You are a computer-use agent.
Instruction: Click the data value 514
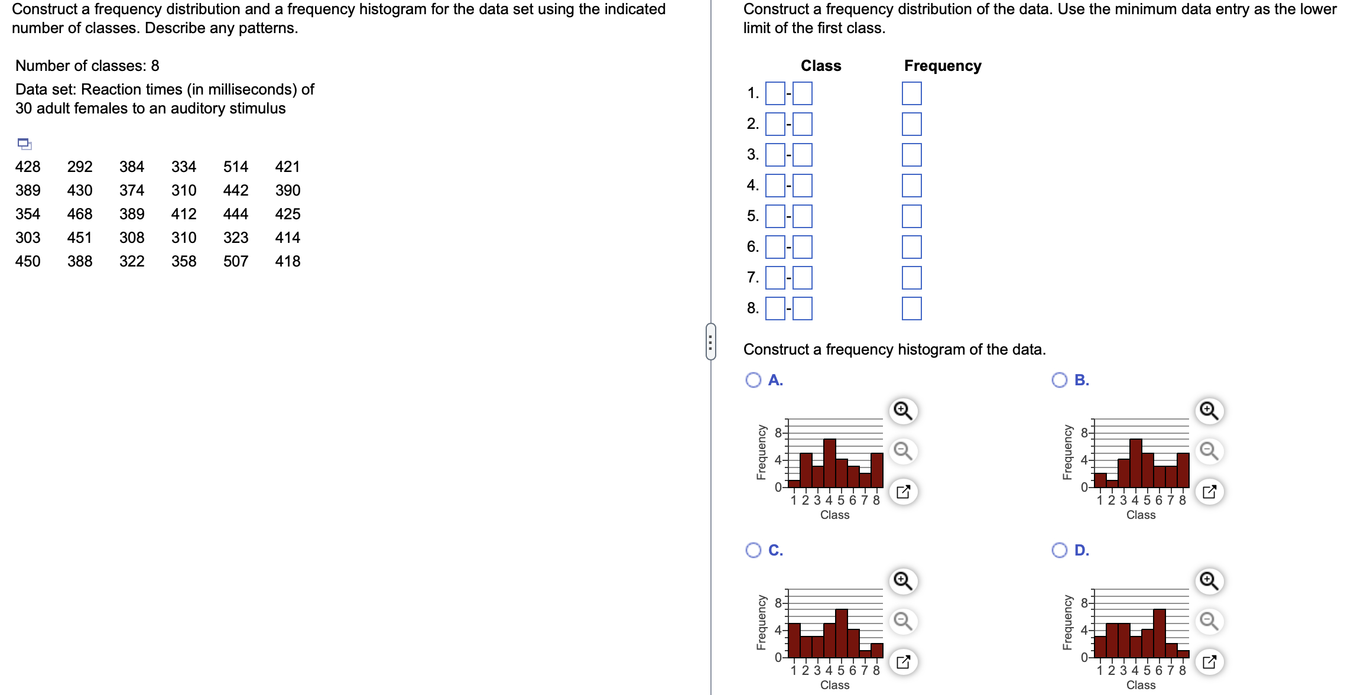coord(235,167)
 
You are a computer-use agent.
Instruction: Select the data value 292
coord(80,167)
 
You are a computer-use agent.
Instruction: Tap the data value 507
coord(235,261)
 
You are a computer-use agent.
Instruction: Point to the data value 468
coord(80,214)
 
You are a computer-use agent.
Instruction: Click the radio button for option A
coord(754,380)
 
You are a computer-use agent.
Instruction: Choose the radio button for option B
coord(1060,380)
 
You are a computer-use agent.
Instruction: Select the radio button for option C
coord(754,550)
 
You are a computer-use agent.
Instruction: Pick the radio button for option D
coord(1060,550)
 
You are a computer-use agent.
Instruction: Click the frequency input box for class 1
coord(911,93)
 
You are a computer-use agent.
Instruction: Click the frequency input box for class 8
coord(911,308)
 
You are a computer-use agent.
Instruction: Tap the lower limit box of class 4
coord(775,186)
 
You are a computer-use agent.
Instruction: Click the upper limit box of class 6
coord(802,247)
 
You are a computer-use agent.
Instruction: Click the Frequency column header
coord(942,66)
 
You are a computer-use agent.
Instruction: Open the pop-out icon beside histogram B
coord(1209,492)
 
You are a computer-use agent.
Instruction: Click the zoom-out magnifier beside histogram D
coord(1209,621)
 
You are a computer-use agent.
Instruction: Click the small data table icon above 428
coord(24,144)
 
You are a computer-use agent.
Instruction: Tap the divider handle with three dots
coord(710,342)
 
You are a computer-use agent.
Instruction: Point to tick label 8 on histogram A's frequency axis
coord(778,433)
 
